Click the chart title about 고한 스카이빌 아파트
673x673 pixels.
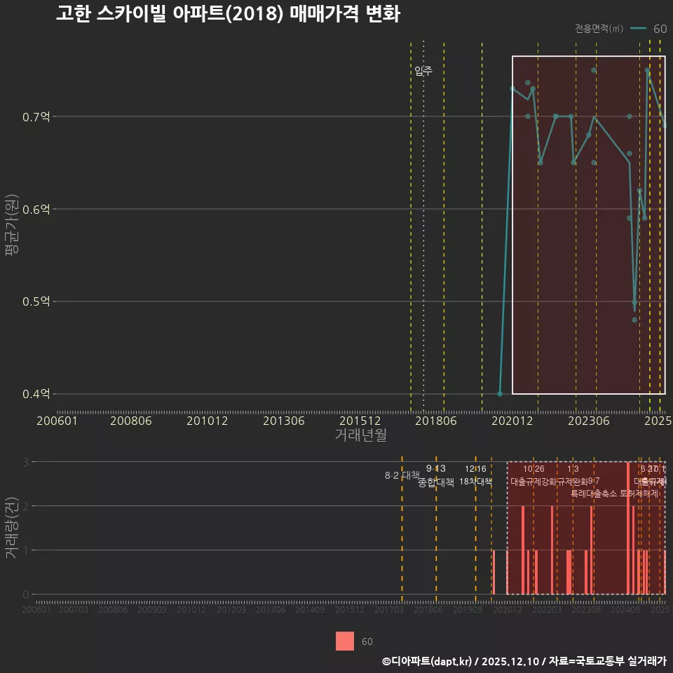point(228,14)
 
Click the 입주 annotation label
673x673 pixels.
point(423,70)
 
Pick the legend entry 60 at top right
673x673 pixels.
point(659,29)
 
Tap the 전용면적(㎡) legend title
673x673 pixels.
point(599,29)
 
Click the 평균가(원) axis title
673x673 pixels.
point(11,227)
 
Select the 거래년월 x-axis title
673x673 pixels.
point(360,435)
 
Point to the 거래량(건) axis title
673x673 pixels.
point(11,528)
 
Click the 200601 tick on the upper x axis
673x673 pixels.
point(57,421)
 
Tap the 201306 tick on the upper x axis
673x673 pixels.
point(283,421)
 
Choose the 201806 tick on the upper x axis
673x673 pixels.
point(434,421)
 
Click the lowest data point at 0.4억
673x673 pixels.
point(500,394)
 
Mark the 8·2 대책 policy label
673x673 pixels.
point(402,475)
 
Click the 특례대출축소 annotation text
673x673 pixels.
point(594,493)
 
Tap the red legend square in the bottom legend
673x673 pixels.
point(345,641)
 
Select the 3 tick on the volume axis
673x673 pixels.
point(26,462)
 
